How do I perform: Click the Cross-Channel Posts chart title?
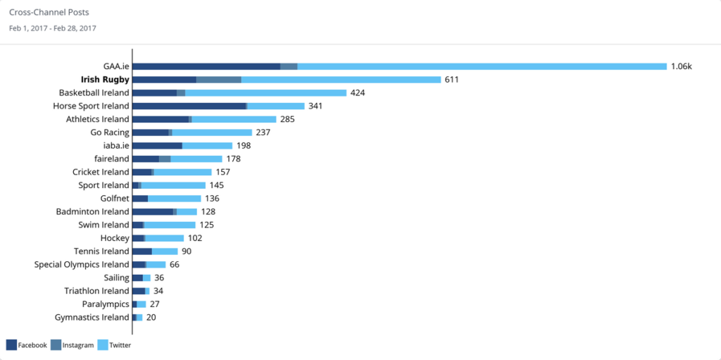pyautogui.click(x=49, y=13)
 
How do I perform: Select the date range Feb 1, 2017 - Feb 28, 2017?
pyautogui.click(x=53, y=28)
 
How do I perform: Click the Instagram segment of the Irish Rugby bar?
pyautogui.click(x=218, y=80)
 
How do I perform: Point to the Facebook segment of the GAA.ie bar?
pyautogui.click(x=206, y=66)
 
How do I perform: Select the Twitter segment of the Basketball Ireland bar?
pyautogui.click(x=265, y=92)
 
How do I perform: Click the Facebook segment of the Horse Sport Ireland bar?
pyautogui.click(x=189, y=106)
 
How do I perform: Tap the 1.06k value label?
pyautogui.click(x=682, y=66)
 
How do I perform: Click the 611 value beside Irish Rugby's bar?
pyautogui.click(x=451, y=80)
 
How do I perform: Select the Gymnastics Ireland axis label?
pyautogui.click(x=92, y=317)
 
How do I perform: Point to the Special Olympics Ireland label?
pyautogui.click(x=82, y=264)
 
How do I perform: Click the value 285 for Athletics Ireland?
pyautogui.click(x=287, y=119)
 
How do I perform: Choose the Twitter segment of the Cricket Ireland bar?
pyautogui.click(x=182, y=172)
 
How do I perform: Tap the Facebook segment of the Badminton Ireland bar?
pyautogui.click(x=152, y=211)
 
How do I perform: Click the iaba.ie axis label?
pyautogui.click(x=116, y=145)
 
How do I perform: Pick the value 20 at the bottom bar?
pyautogui.click(x=151, y=317)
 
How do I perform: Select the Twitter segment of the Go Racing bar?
pyautogui.click(x=212, y=132)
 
